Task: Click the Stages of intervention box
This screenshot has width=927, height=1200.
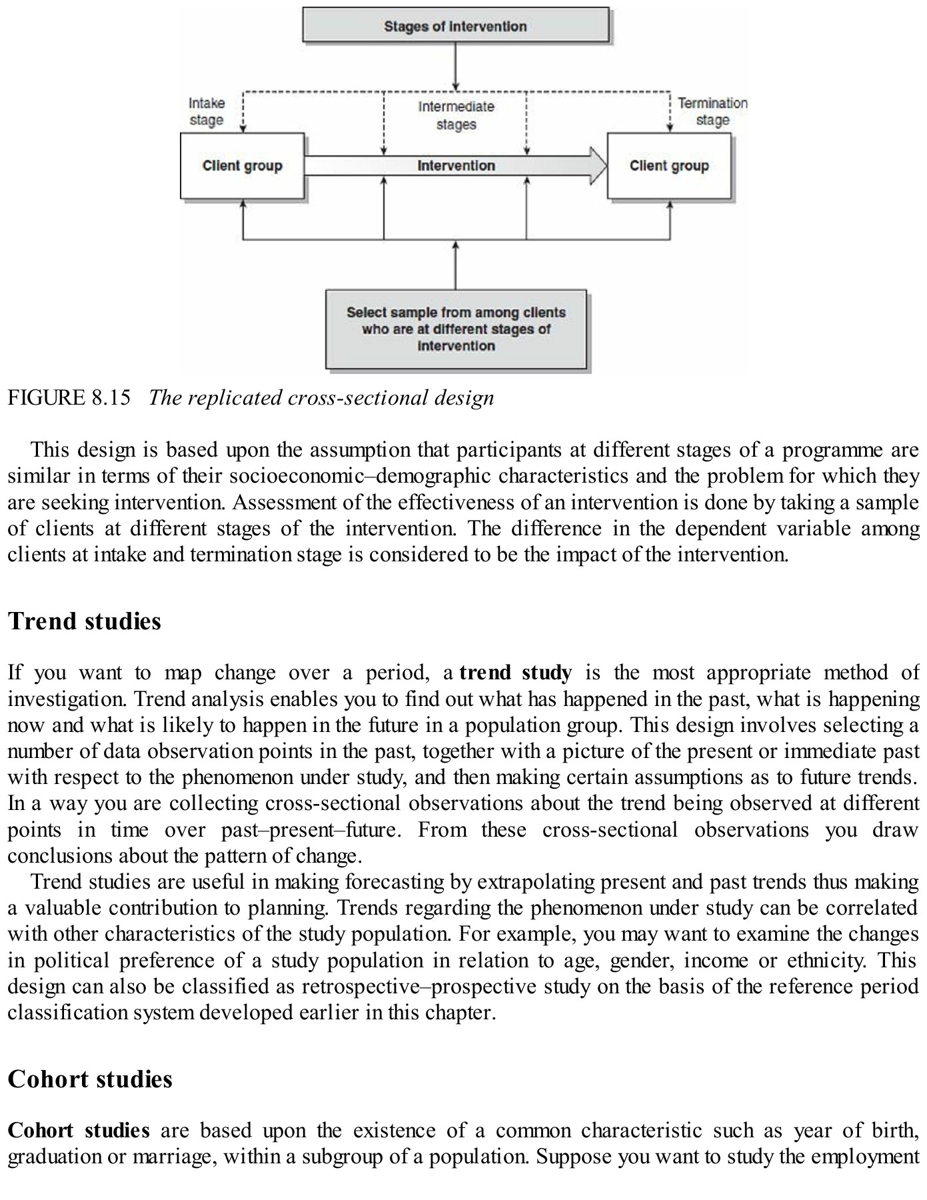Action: point(456,26)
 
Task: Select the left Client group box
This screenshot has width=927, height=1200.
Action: point(242,165)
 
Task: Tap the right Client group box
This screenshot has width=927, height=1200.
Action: point(669,165)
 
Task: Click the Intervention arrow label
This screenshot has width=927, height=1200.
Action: point(456,165)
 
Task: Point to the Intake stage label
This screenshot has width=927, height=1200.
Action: point(206,111)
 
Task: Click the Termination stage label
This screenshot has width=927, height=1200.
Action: point(712,111)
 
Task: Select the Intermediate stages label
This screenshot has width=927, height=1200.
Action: point(456,115)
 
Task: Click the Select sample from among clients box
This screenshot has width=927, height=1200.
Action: point(456,329)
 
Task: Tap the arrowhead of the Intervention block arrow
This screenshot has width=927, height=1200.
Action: point(597,165)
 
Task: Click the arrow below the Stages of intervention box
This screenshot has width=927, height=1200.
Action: point(456,67)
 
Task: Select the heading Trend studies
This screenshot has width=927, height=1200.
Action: point(85,621)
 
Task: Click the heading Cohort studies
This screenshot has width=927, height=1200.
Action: point(90,1079)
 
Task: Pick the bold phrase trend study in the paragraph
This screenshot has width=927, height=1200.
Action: point(515,673)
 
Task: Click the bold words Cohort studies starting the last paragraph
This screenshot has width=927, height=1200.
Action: point(79,1131)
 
